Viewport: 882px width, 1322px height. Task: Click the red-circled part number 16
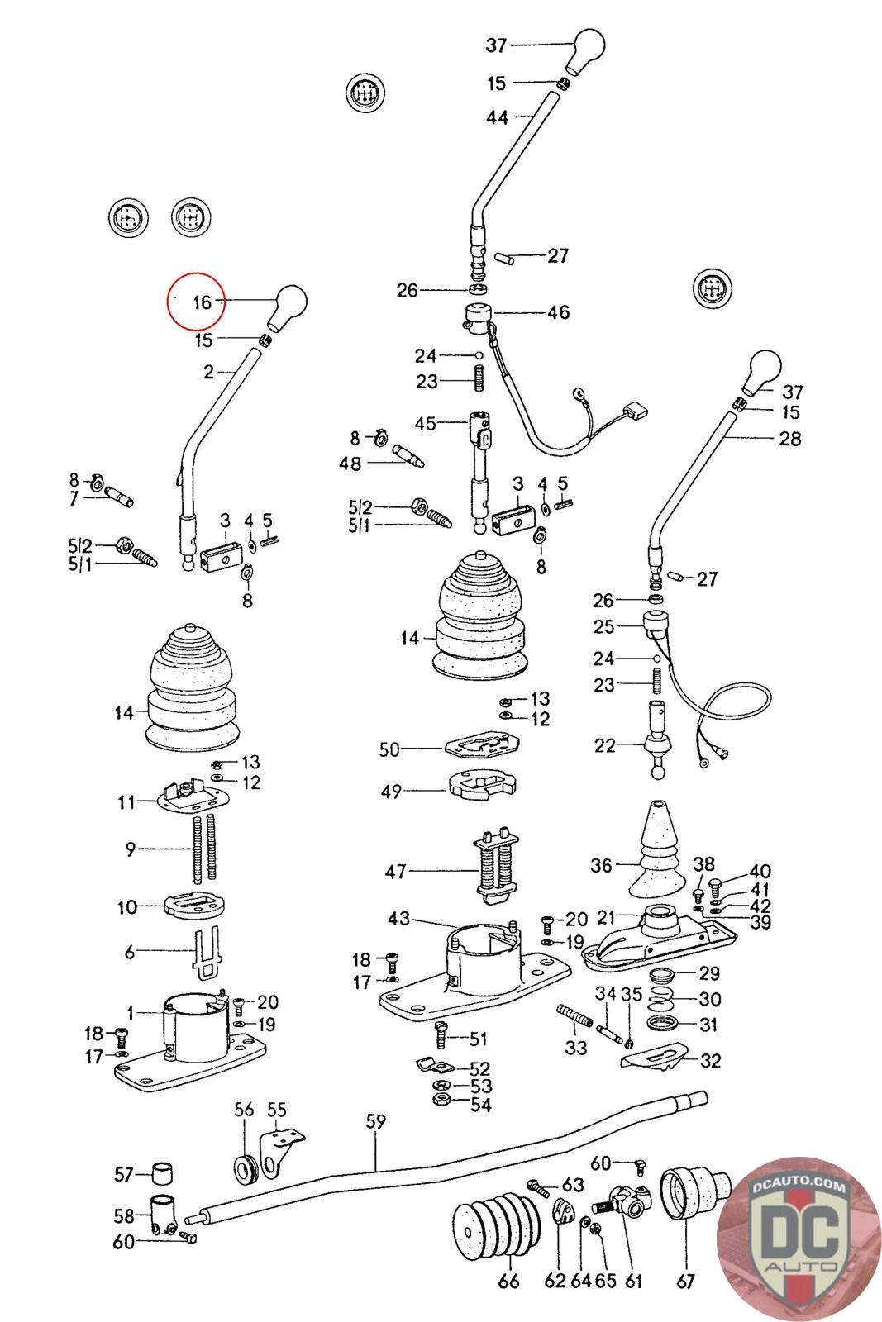(x=202, y=302)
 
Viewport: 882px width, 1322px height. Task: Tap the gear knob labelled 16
(x=288, y=307)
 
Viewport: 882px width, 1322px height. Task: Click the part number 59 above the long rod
(x=375, y=1121)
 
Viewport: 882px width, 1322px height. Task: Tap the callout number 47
(x=396, y=871)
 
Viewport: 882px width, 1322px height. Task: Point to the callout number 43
(x=398, y=918)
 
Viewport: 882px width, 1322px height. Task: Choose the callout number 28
(x=790, y=439)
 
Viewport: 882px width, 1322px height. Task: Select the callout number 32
(x=711, y=1061)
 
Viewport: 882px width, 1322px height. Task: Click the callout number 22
(x=604, y=745)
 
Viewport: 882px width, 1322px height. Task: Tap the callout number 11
(x=126, y=802)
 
